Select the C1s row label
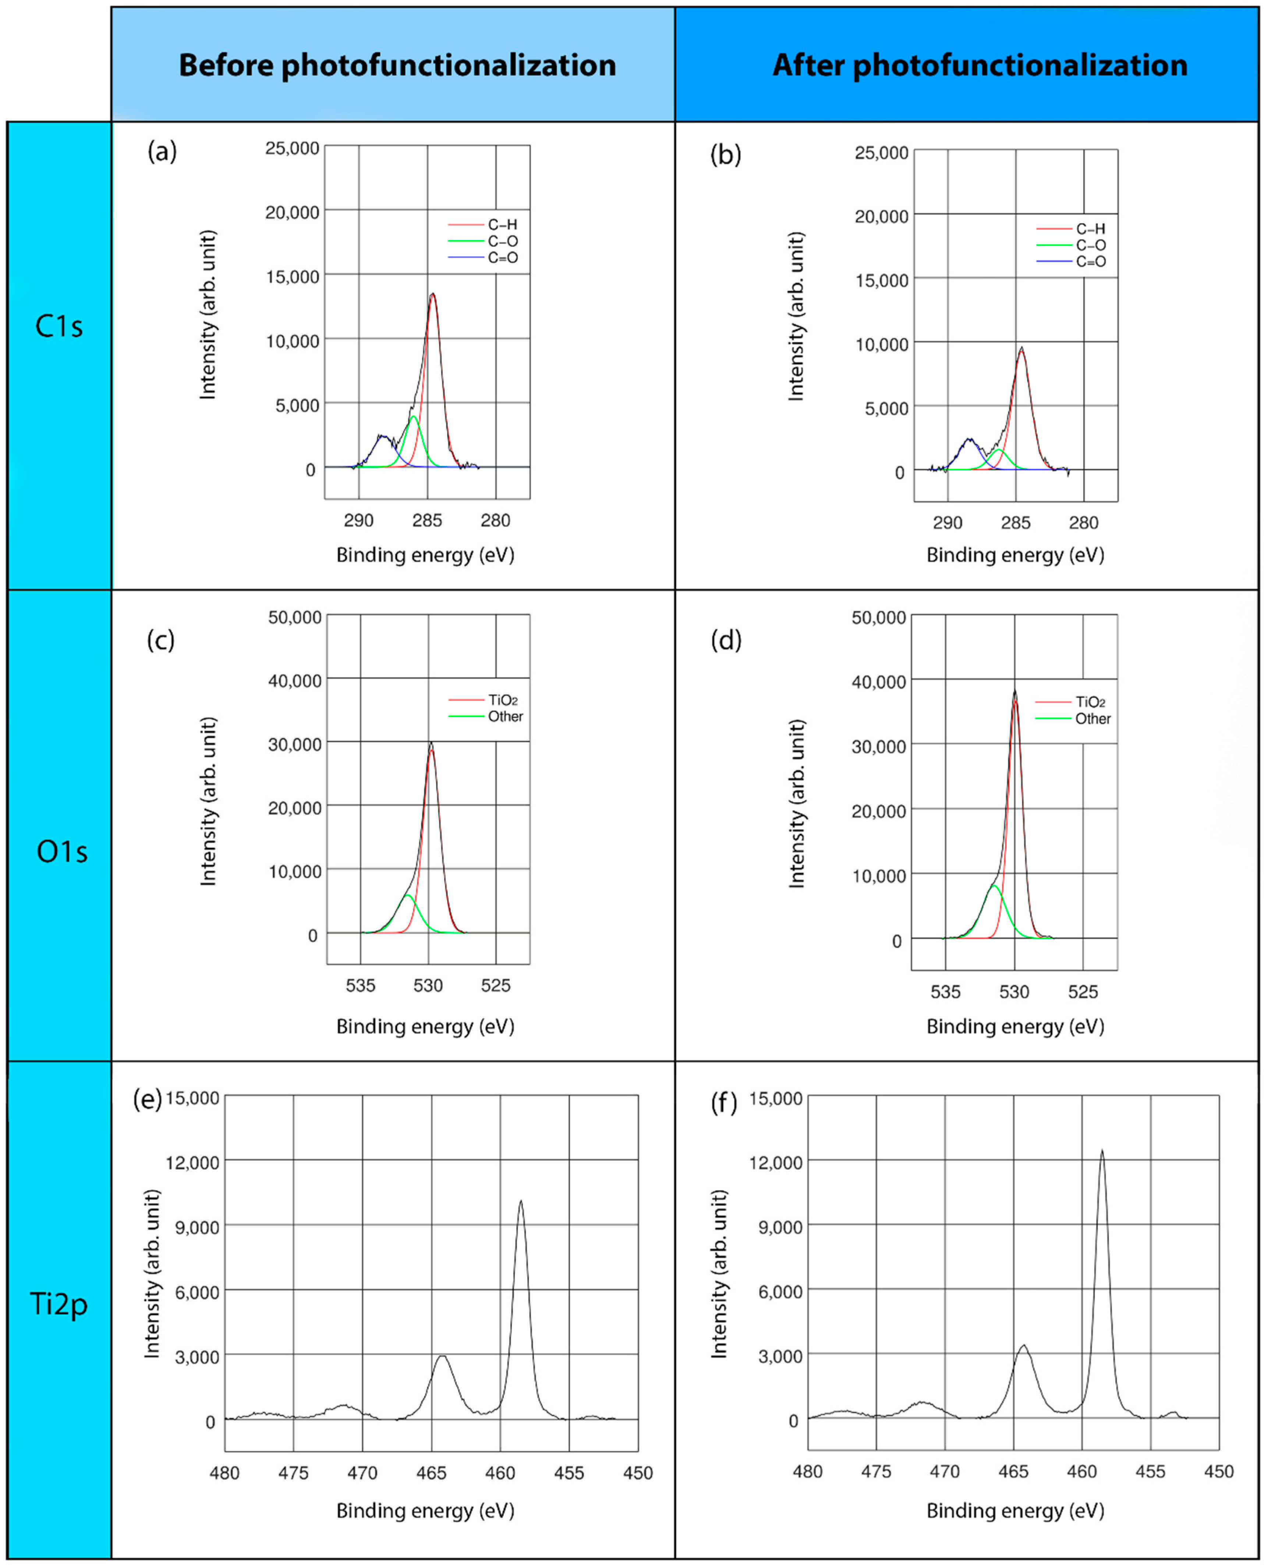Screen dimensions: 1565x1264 coord(59,326)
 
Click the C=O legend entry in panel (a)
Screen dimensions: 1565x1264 coord(502,258)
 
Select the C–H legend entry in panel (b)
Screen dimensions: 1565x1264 coord(1090,229)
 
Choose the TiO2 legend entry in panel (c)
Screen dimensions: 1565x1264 coord(502,700)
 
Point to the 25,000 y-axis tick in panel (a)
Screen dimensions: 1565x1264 coord(292,149)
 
